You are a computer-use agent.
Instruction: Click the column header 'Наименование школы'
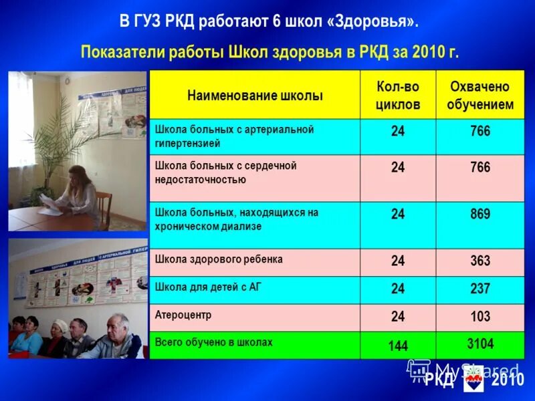[255, 96]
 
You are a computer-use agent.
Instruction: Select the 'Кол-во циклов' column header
[398, 96]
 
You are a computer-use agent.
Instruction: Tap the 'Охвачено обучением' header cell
[480, 96]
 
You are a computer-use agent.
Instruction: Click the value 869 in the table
[480, 215]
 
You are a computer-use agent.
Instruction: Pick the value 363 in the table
[480, 261]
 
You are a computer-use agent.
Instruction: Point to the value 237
[480, 289]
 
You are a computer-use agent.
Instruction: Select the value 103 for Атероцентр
[480, 316]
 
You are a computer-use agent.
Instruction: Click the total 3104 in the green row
[480, 344]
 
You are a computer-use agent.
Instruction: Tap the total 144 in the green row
[398, 346]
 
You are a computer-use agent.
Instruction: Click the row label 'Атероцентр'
[178, 313]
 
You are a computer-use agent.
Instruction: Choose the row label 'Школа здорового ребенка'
[219, 259]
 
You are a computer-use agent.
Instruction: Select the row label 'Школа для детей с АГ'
[208, 285]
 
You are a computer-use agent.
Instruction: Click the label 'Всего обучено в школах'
[214, 342]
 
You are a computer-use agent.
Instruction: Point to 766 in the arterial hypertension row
[480, 131]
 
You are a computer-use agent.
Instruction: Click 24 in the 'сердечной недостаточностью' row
[398, 167]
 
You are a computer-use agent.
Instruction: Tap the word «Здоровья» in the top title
[372, 21]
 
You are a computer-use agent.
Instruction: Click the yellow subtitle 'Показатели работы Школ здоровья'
[270, 52]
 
